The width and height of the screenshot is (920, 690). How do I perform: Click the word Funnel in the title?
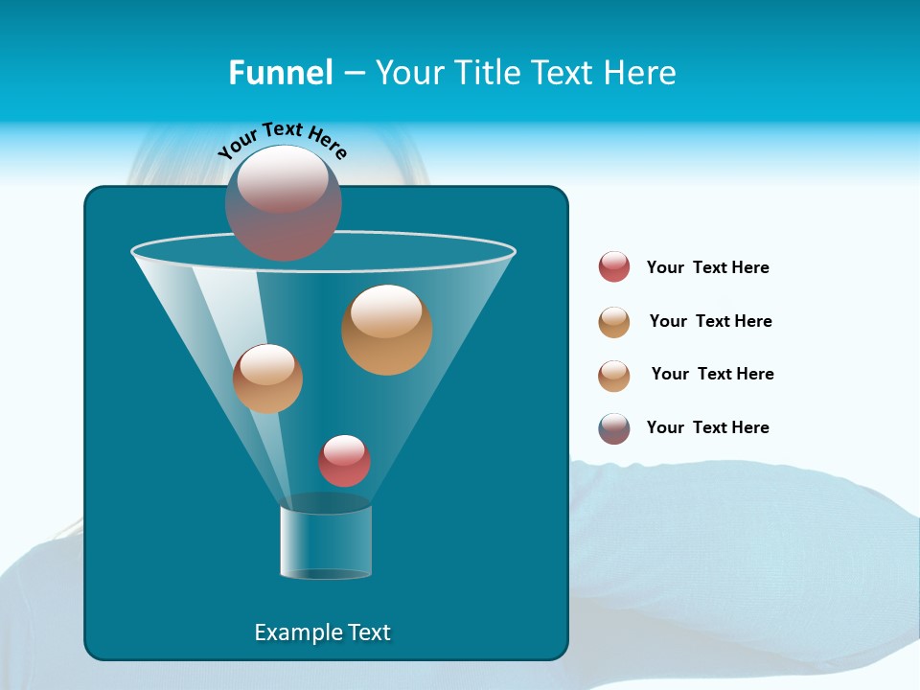pyautogui.click(x=280, y=73)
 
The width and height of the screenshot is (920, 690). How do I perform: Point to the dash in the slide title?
pyautogui.click(x=353, y=73)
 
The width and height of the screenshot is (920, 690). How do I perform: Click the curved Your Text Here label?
pyautogui.click(x=283, y=138)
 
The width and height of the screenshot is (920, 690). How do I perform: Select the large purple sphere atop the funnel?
pyautogui.click(x=284, y=203)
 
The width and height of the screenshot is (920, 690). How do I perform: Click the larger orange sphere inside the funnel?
pyautogui.click(x=387, y=330)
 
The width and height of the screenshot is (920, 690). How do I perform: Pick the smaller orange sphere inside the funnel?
pyautogui.click(x=267, y=379)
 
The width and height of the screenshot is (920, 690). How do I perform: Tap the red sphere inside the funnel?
pyautogui.click(x=344, y=461)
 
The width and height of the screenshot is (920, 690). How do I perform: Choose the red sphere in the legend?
pyautogui.click(x=614, y=267)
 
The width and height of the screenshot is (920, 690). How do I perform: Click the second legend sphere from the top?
pyautogui.click(x=614, y=322)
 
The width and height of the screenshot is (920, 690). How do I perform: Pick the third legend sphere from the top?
pyautogui.click(x=614, y=376)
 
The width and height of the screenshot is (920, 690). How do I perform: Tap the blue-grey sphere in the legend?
pyautogui.click(x=614, y=428)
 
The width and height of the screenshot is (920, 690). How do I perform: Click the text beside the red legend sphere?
pyautogui.click(x=707, y=267)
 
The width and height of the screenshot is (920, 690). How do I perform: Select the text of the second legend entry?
pyautogui.click(x=710, y=321)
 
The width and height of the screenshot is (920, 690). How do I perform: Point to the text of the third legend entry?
pyautogui.click(x=712, y=374)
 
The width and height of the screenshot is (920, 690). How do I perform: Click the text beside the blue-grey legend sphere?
pyautogui.click(x=707, y=427)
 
